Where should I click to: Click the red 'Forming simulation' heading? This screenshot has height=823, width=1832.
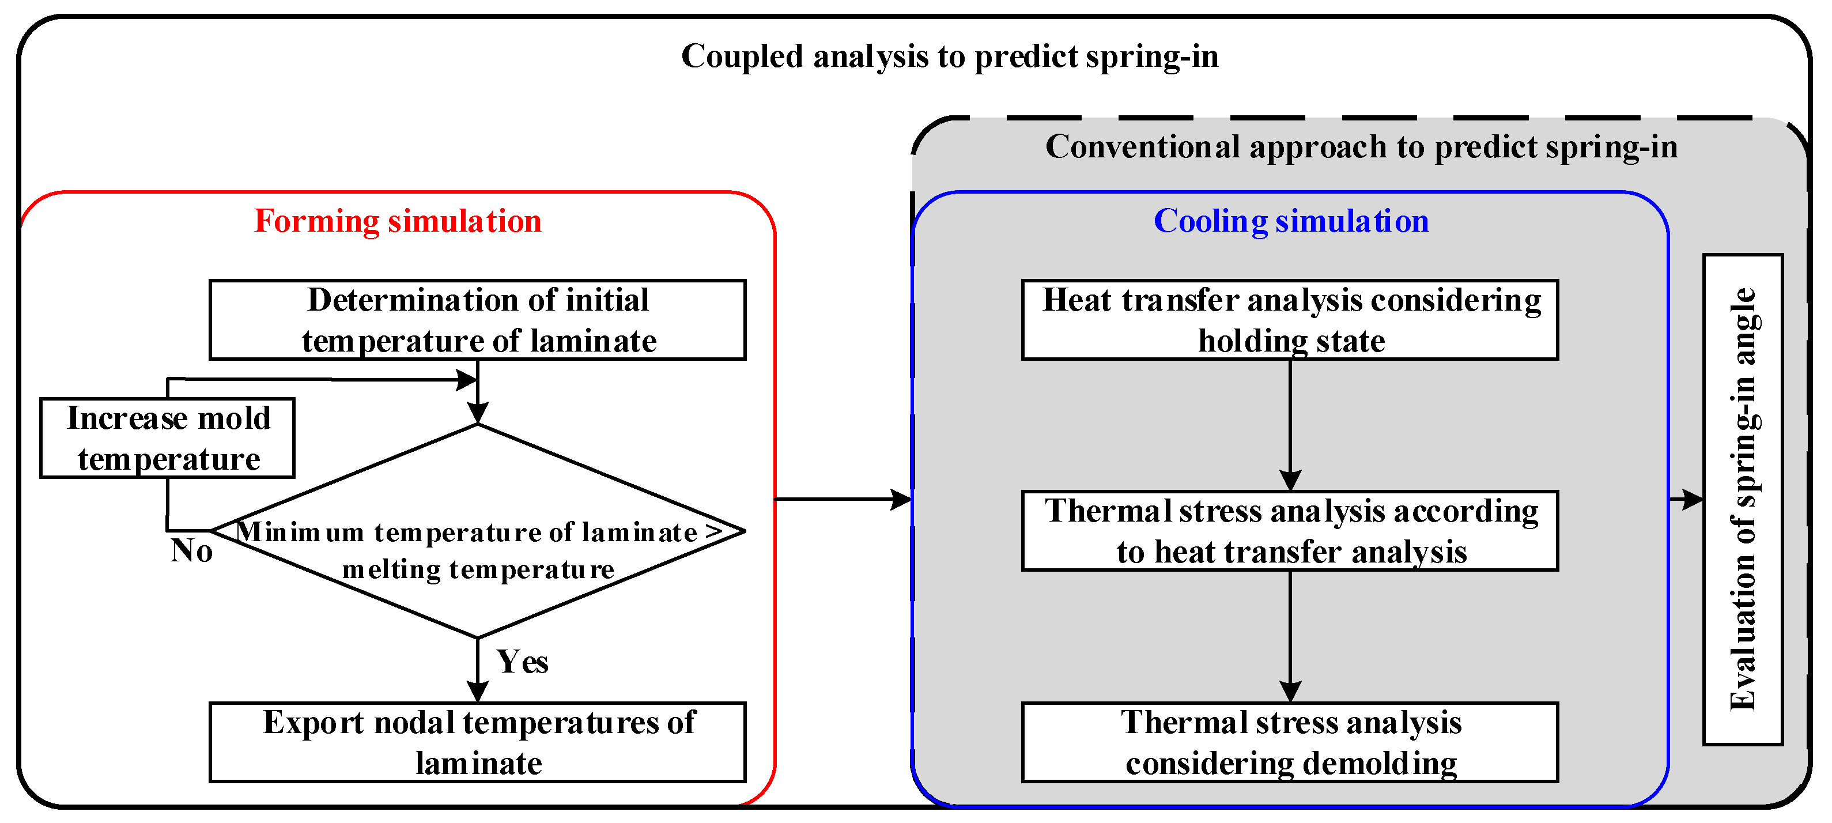(398, 221)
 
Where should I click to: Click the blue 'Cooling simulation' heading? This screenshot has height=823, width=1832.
(1290, 221)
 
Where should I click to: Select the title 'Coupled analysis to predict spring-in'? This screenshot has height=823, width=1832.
(950, 56)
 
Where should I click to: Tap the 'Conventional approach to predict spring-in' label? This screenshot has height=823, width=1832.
(1361, 147)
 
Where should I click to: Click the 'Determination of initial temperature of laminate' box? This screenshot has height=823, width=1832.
(477, 320)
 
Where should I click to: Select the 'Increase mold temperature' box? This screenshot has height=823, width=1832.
(168, 438)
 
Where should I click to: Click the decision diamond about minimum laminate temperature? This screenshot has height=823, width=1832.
(478, 531)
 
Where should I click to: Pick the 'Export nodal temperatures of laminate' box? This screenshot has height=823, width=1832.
(477, 742)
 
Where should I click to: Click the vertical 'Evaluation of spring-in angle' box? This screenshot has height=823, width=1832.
(1743, 499)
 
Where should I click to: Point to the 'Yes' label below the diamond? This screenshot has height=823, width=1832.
(522, 662)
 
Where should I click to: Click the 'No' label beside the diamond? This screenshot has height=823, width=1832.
(191, 550)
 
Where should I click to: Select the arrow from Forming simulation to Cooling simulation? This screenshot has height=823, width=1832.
(843, 499)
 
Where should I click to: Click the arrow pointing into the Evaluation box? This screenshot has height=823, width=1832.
(1687, 499)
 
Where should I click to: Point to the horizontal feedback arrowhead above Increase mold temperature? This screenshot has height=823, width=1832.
(466, 380)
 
